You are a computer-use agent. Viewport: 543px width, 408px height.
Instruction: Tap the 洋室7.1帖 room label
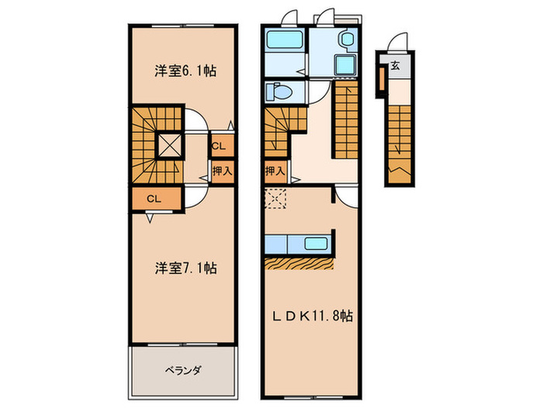point(184,268)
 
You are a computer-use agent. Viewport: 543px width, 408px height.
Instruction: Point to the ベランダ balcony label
point(183,371)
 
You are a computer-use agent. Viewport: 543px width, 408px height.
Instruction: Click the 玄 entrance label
point(395,67)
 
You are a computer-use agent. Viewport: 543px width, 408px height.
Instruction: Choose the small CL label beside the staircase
point(220,145)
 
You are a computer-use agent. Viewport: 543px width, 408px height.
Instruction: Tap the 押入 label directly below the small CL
point(221,169)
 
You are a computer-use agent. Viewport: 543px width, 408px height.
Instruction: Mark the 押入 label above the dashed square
point(274,170)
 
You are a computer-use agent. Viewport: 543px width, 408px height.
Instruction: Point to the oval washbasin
point(346,39)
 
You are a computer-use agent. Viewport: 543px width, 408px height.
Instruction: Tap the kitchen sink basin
point(316,242)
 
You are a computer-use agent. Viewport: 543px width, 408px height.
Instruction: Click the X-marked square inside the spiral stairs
point(169,144)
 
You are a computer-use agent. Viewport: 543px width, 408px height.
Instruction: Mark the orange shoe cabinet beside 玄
point(382,78)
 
